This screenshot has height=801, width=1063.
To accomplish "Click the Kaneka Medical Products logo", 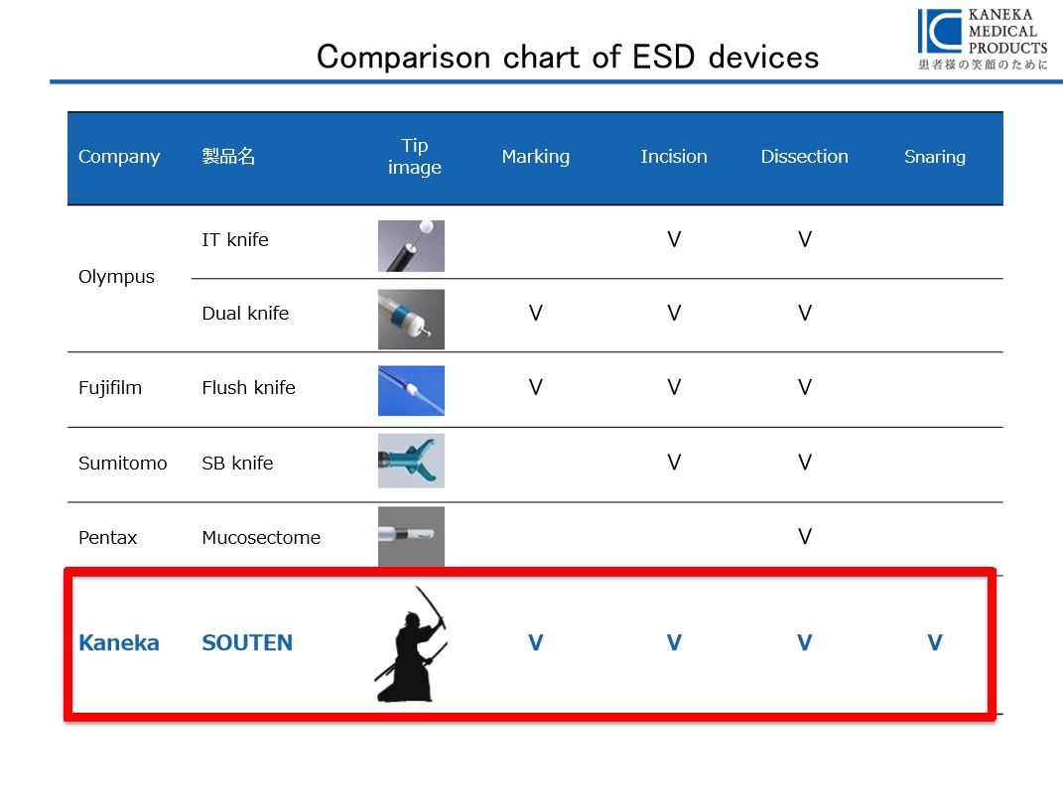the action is coord(983,39).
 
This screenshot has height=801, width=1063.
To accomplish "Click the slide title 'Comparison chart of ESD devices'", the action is coord(568,57).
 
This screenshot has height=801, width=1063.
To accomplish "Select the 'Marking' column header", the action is coord(536,157).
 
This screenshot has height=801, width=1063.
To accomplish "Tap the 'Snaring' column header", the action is coord(934,157).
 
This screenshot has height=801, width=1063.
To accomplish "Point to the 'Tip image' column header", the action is coord(414,157).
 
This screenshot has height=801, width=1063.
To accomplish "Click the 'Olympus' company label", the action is coord(116,277).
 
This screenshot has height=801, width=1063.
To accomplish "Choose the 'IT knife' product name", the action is coord(234,239).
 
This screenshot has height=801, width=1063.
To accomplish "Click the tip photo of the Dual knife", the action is coord(412,320).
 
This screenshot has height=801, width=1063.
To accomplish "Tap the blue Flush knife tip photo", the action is coord(412,391).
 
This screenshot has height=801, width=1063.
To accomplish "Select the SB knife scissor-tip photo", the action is coord(412,462).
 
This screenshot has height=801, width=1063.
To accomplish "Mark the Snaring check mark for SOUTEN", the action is coord(935,642).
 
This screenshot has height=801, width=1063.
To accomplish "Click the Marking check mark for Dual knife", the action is coord(536,314).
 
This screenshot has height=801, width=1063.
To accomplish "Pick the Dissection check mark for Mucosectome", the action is coord(805,537).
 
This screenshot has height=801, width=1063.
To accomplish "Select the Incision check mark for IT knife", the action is coord(674,239).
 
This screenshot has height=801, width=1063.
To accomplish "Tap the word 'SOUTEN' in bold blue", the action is coord(247,642).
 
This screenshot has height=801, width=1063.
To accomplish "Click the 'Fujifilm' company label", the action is coord(110,388).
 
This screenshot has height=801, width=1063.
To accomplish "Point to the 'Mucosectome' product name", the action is coord(261,538).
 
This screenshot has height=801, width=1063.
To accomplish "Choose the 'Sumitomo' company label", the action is coord(123,464).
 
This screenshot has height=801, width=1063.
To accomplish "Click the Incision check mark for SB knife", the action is coord(674,463).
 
